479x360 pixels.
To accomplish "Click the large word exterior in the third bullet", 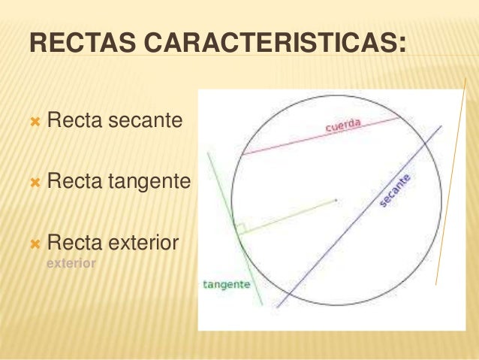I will [143, 243].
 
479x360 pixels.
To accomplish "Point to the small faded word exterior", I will [71, 264].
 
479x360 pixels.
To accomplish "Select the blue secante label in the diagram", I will [395, 191].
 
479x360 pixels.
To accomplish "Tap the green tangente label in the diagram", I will [226, 285].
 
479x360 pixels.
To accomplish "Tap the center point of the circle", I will [336, 200].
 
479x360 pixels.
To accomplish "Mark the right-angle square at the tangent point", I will [239, 228].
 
